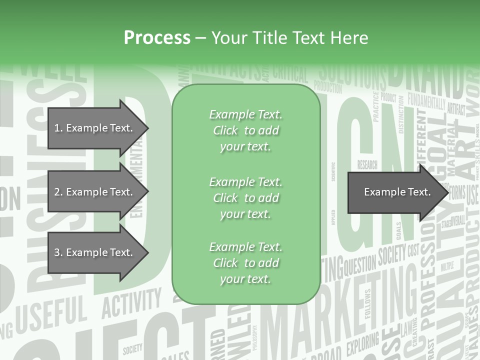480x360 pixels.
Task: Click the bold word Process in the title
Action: point(157,37)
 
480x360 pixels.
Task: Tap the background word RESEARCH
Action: point(367,164)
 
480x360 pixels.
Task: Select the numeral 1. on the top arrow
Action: point(58,128)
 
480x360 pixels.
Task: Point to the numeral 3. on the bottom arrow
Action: point(58,253)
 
